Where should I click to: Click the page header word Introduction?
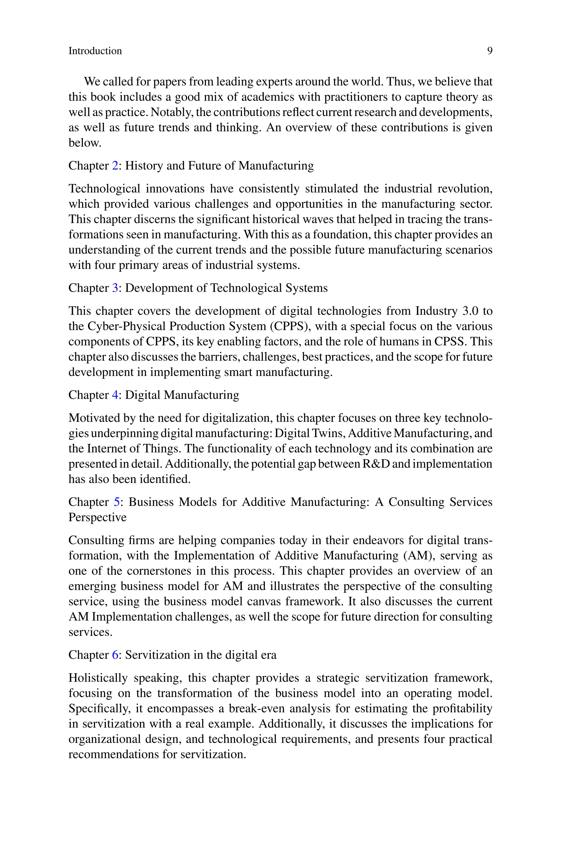point(95,51)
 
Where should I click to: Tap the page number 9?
point(490,51)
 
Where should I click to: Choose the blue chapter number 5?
point(117,502)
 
